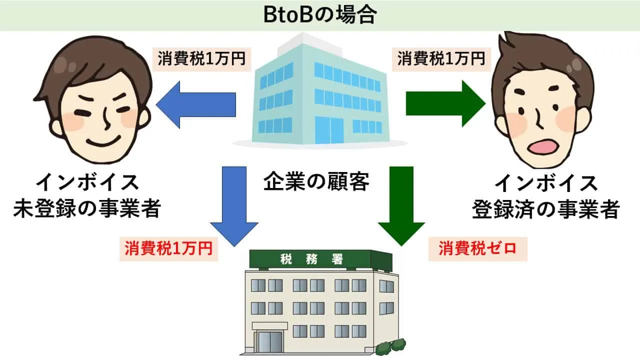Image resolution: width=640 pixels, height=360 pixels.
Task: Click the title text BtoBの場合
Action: click(x=320, y=15)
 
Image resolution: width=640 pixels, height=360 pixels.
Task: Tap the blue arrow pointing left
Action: click(x=196, y=104)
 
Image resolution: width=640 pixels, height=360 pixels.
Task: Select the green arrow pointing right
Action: click(x=445, y=103)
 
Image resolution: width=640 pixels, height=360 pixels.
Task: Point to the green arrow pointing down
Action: click(x=401, y=206)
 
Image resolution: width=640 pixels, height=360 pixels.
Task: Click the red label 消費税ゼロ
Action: click(x=477, y=248)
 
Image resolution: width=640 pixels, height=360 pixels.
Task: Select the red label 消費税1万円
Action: click(x=168, y=248)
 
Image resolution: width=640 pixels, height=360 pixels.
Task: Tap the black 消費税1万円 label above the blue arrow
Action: click(x=201, y=59)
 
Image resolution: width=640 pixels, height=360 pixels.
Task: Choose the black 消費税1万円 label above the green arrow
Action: click(x=441, y=59)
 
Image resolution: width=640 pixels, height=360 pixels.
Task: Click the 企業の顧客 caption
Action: click(x=316, y=181)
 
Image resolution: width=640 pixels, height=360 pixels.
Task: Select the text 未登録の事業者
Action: click(x=87, y=209)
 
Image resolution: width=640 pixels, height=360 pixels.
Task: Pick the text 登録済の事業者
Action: click(x=545, y=209)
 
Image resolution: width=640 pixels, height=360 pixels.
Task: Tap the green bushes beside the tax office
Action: click(x=391, y=346)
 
